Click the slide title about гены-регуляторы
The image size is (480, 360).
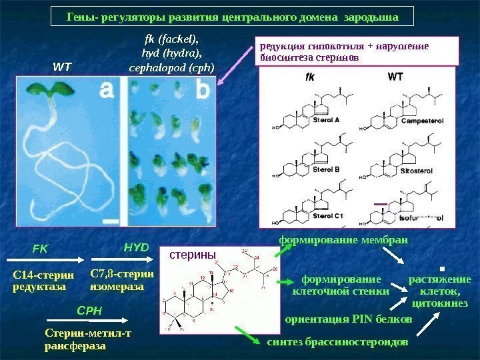click(x=232, y=15)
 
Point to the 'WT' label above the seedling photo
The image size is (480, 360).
click(x=62, y=67)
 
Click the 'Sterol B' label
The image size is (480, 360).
click(x=326, y=169)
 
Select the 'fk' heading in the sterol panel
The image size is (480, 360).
click(x=310, y=77)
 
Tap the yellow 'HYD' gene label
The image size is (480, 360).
click(x=136, y=247)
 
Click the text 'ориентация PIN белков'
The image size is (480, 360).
click(x=349, y=319)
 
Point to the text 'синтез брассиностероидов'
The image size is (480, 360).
click(x=336, y=342)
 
